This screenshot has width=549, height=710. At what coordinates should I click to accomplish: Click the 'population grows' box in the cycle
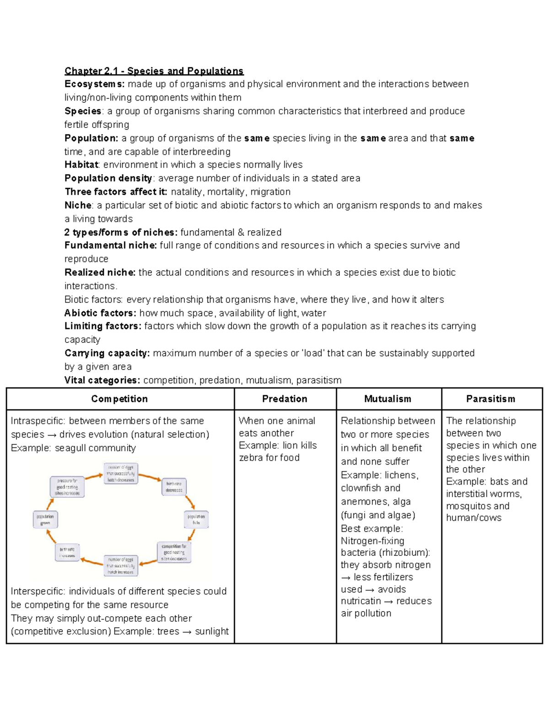point(45,519)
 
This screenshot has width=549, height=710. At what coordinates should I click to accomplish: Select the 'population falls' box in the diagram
point(196,519)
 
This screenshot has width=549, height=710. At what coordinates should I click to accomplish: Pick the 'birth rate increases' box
point(67,552)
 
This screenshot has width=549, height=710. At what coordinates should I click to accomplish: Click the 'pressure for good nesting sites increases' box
point(67,487)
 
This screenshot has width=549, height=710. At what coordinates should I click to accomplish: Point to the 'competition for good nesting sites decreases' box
point(174,552)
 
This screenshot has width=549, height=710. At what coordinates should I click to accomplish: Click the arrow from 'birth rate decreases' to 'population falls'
point(190,502)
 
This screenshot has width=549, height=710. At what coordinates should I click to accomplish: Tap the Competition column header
point(119,399)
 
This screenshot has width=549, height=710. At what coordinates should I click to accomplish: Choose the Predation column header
point(285,399)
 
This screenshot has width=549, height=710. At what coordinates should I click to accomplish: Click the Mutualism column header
point(388,399)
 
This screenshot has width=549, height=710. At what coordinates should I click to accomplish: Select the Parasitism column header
point(490,399)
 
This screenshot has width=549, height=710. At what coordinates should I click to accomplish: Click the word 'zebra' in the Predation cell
point(251,458)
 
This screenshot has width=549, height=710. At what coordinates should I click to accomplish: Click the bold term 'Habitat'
point(81,165)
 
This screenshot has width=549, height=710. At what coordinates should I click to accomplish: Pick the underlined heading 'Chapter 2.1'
point(91,71)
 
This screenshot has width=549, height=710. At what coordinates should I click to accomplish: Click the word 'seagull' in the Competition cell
point(70,448)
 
